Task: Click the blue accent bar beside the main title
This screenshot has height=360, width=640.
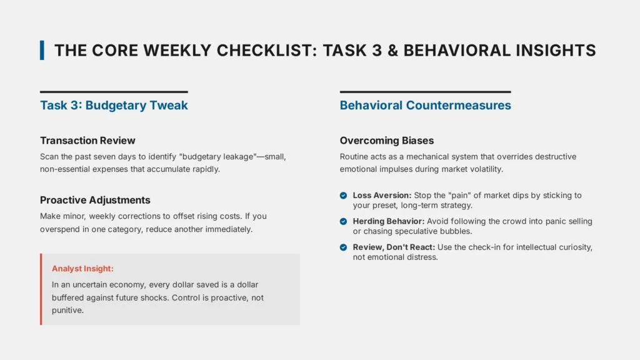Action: click(x=42, y=50)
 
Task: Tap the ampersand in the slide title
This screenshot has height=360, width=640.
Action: click(x=391, y=51)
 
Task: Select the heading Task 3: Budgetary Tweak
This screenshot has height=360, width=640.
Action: click(x=114, y=105)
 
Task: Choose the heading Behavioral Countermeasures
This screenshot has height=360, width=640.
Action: click(x=425, y=105)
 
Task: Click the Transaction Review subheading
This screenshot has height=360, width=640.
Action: click(x=87, y=141)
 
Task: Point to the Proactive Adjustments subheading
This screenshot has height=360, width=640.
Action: click(x=95, y=200)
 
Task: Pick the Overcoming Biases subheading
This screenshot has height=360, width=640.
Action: click(x=386, y=141)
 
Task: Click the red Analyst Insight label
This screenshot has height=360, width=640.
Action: click(x=82, y=269)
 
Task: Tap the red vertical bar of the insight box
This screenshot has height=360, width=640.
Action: click(x=41, y=289)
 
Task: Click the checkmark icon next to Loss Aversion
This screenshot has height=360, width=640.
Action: click(x=343, y=196)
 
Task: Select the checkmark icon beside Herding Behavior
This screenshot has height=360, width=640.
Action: click(x=343, y=222)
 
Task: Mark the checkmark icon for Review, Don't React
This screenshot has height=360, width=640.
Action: click(x=343, y=247)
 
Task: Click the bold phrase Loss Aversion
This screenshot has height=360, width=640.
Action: click(x=382, y=196)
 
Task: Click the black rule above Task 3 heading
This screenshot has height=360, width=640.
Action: click(x=114, y=92)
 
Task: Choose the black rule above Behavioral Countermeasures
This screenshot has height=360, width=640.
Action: click(x=425, y=92)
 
